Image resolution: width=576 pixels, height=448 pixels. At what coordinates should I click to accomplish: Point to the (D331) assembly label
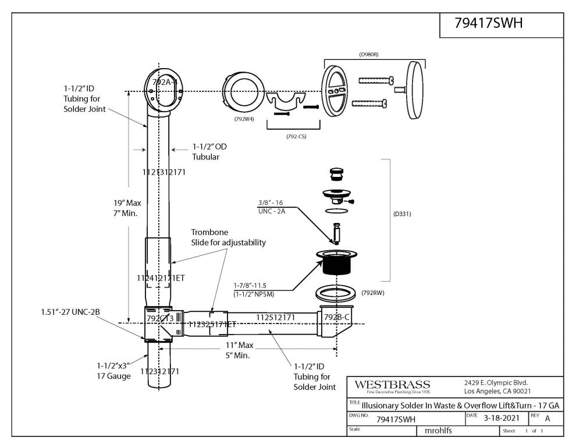402,214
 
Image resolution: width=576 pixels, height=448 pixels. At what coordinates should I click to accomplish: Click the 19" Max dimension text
127,203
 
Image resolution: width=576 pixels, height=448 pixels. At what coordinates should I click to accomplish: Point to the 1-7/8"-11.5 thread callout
254,286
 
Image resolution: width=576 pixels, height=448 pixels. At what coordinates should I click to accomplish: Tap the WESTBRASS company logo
393,385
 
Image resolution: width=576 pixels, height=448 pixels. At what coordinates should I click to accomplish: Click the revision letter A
547,418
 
